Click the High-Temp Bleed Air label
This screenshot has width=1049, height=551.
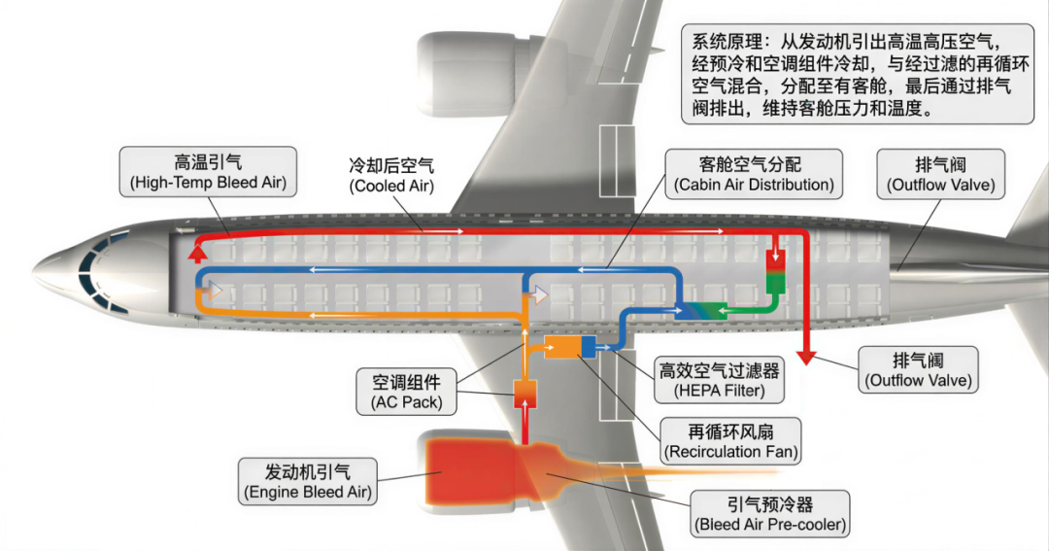tap(208, 171)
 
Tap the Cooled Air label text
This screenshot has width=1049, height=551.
tap(391, 176)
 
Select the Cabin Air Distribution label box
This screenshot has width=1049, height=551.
tap(754, 174)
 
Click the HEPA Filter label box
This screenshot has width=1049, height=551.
tap(719, 380)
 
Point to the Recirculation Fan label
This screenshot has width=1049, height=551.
tap(729, 441)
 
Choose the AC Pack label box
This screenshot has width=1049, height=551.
tap(406, 392)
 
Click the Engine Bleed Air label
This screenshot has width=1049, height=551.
tap(308, 481)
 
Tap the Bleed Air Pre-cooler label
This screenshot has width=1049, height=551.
tap(770, 514)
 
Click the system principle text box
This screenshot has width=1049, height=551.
tap(858, 74)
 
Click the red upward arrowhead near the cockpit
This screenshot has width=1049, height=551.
tap(196, 254)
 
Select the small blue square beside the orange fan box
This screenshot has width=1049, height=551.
tap(588, 347)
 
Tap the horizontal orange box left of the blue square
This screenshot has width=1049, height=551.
tap(562, 347)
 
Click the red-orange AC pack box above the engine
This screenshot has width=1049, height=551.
tap(525, 394)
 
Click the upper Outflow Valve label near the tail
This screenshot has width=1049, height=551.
tap(940, 174)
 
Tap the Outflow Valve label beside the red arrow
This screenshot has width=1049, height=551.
tap(918, 369)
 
